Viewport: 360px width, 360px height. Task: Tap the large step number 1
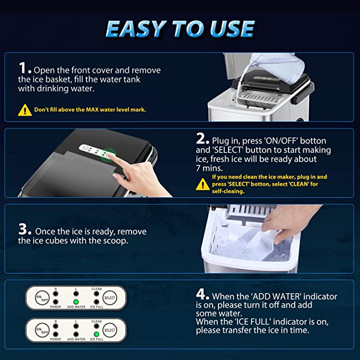click(x=23, y=68)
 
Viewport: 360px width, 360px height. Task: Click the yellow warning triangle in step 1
click(x=25, y=110)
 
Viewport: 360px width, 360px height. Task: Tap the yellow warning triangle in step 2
click(x=203, y=185)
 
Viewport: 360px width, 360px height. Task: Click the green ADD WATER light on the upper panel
click(x=76, y=302)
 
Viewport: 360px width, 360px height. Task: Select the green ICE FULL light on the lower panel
click(x=96, y=334)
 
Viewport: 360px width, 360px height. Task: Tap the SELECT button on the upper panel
click(x=110, y=298)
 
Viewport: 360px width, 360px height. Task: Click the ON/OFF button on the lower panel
click(x=42, y=330)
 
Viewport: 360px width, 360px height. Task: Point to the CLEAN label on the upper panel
click(x=96, y=289)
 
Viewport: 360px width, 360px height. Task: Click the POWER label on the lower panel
click(x=56, y=339)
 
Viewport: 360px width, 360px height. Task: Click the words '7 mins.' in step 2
click(x=209, y=168)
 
